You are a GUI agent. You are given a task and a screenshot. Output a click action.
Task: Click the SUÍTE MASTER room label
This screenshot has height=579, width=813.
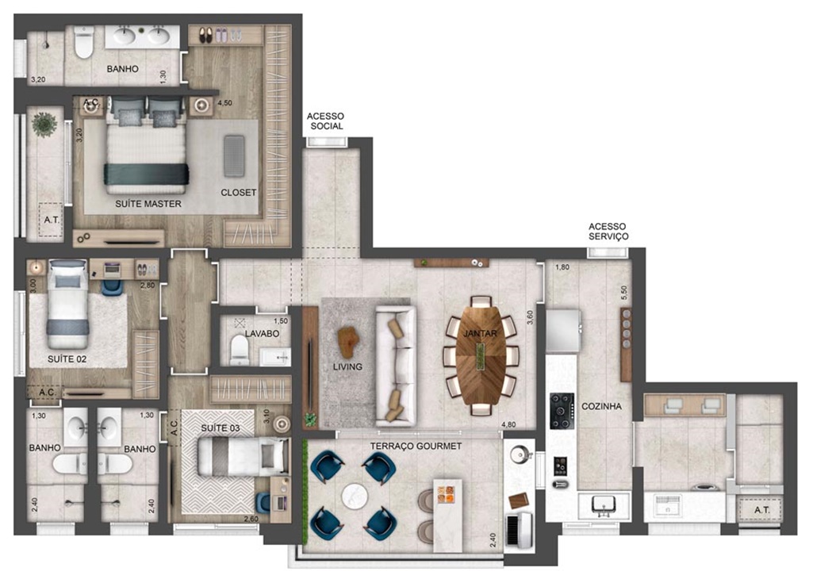click(148, 204)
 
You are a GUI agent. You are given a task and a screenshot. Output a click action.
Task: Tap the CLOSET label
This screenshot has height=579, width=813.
click(239, 192)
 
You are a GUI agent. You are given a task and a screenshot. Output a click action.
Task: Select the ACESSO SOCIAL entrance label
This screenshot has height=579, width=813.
click(326, 121)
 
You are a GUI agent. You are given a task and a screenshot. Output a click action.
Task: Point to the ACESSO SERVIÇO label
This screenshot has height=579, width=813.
click(608, 231)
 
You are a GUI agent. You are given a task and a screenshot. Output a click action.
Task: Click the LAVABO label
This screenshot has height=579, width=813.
click(262, 333)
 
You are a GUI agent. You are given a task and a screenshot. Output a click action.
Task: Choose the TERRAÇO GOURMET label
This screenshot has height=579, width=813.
click(416, 446)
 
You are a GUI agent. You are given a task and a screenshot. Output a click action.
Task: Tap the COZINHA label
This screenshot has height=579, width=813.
click(601, 406)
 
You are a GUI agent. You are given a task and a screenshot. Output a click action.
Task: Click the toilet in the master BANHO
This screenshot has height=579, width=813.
click(83, 42)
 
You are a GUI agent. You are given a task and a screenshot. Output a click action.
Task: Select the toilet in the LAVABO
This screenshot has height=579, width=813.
click(240, 350)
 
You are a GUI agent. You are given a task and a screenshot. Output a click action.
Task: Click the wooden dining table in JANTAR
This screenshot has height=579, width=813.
click(481, 355)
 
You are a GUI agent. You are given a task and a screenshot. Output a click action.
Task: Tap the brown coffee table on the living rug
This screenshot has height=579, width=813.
click(348, 341)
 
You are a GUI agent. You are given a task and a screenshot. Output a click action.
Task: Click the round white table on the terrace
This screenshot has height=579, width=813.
click(355, 496)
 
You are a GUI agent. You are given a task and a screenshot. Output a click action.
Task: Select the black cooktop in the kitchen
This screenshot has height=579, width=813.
click(562, 411)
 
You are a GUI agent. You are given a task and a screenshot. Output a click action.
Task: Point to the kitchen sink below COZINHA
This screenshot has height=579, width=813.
click(603, 505)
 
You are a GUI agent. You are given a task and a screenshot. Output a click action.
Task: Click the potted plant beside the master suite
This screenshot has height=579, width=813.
click(44, 125)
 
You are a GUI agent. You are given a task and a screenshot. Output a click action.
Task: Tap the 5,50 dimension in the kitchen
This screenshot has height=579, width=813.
click(623, 293)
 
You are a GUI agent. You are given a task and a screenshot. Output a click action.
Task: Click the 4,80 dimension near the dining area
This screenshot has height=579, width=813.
click(508, 425)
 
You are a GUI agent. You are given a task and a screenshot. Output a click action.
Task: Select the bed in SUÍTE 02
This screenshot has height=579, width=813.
click(68, 305)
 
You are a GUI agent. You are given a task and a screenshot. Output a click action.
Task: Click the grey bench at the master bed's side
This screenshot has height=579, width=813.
click(234, 155)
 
